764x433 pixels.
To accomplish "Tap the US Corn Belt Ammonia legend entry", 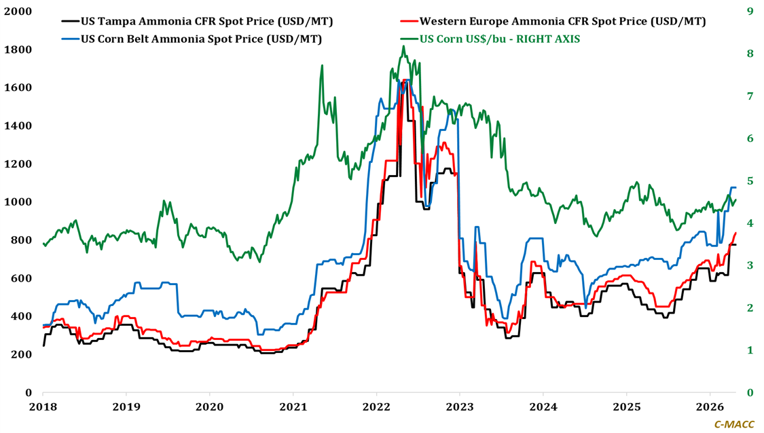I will (x=201, y=39).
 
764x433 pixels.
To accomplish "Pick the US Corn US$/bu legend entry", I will (x=500, y=39).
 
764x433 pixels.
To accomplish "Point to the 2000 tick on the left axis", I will (x=20, y=12).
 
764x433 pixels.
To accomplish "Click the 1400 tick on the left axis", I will (x=20, y=126).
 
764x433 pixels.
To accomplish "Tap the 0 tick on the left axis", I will (x=29, y=393).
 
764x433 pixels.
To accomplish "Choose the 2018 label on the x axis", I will (x=42, y=407).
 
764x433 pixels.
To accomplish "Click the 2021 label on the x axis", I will (x=293, y=407).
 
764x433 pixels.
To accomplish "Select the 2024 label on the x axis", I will (x=543, y=407).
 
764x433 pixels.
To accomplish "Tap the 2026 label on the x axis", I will (x=710, y=407).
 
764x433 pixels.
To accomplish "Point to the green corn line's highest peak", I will (x=403, y=46).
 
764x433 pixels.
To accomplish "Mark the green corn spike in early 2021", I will (x=321, y=66).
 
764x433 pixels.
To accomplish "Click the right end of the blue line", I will (x=736, y=187).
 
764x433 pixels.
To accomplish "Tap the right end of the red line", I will (x=736, y=233).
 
